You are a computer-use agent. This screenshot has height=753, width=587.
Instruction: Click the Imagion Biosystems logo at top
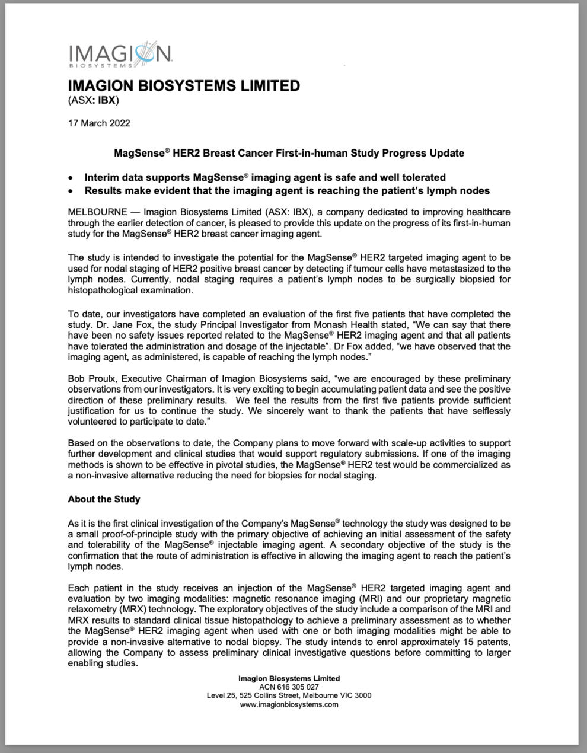click(120, 55)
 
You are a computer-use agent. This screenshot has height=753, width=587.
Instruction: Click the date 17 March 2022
click(99, 123)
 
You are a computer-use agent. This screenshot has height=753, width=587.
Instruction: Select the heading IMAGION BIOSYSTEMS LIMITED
click(184, 85)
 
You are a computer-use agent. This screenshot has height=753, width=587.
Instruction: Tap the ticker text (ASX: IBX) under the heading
click(94, 100)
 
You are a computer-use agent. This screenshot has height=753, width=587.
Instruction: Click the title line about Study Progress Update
click(289, 153)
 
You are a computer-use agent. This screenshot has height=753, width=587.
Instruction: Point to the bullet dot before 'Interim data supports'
click(71, 178)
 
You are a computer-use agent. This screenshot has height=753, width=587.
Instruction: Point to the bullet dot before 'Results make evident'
click(71, 192)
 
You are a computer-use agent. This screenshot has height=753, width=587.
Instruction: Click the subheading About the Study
click(104, 499)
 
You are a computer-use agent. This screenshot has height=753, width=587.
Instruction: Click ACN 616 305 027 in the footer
click(289, 687)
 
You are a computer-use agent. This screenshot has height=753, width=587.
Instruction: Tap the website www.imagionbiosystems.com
click(289, 704)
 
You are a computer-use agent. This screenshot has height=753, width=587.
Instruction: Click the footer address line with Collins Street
click(289, 695)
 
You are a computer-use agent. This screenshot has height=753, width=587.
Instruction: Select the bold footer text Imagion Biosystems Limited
click(289, 678)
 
